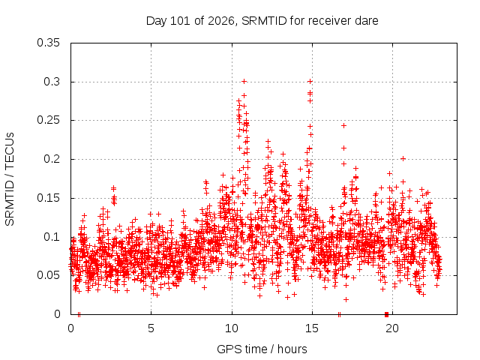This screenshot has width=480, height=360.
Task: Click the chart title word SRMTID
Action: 264,21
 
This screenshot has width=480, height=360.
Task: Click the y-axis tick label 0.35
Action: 48,43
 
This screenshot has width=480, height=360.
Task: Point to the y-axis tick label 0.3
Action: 52,82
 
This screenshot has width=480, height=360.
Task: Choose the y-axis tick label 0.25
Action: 48,120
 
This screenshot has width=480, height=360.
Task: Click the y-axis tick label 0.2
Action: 52,159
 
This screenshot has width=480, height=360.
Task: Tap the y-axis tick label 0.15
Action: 48,198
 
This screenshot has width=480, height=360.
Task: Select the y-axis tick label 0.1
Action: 52,237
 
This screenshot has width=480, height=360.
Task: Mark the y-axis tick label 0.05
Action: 48,275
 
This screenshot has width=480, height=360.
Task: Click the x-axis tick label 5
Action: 151,328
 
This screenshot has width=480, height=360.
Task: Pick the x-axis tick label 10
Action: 232,328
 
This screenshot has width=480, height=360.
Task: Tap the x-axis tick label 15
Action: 312,328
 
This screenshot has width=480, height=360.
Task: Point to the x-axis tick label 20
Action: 392,328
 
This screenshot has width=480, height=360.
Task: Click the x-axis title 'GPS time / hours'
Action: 262,349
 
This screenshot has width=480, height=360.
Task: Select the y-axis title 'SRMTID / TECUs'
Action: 10,179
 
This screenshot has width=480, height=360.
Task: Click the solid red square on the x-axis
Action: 386,314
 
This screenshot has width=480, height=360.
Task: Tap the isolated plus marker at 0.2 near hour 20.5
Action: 403,158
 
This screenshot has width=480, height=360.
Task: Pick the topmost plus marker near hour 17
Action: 343,125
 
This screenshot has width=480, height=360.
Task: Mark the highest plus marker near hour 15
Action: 310,82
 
